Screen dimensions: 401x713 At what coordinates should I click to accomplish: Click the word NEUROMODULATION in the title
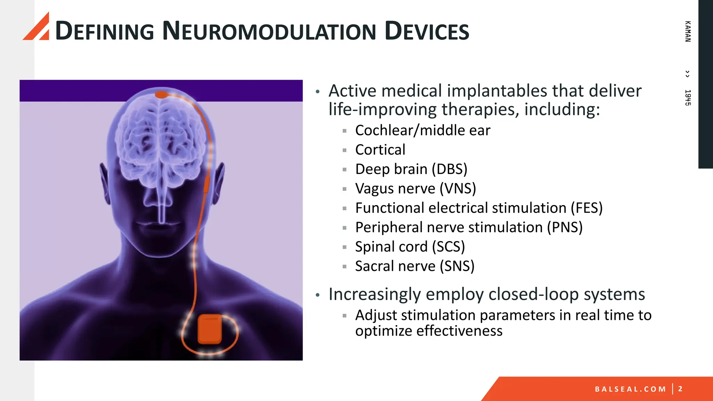point(269,31)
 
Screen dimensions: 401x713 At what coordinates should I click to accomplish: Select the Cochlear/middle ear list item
point(422,131)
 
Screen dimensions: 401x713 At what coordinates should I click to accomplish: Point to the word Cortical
point(380,150)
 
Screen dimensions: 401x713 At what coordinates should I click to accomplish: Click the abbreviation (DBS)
point(449,169)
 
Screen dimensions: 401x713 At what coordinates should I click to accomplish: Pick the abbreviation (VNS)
point(457,189)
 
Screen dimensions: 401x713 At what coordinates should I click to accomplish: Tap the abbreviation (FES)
point(587,208)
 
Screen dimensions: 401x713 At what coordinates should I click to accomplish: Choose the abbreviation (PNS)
point(565,228)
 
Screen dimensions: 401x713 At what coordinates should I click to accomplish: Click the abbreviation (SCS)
point(448,247)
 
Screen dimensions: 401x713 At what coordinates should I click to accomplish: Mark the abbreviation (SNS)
point(457,266)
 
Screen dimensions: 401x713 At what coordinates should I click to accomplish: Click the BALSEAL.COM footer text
point(630,389)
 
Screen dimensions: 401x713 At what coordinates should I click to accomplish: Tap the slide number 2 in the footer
point(680,389)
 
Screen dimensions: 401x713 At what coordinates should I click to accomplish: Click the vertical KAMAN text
point(688,31)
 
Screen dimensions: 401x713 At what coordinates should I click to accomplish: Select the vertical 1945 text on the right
point(688,97)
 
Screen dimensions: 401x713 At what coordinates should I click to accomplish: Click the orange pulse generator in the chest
point(210,329)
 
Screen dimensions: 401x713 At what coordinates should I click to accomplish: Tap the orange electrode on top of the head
point(161,94)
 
